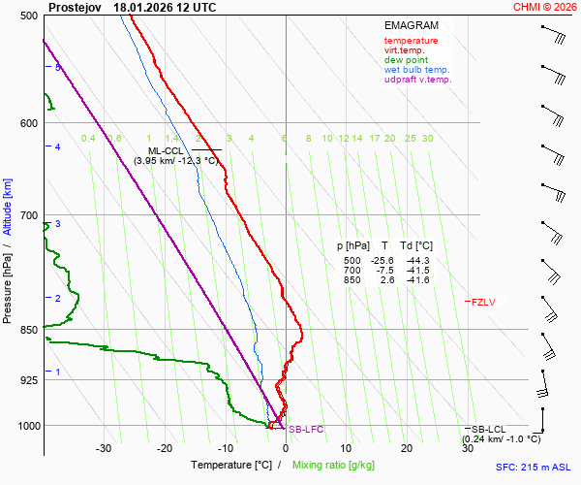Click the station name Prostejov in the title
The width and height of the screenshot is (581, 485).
[75, 7]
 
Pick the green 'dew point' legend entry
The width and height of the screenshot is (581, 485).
[407, 60]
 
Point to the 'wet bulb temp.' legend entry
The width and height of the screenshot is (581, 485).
[416, 70]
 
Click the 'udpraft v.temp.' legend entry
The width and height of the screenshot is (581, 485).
[417, 80]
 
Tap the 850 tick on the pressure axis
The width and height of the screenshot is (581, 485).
[28, 331]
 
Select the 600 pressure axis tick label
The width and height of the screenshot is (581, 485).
[28, 123]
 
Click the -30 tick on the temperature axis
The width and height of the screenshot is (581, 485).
[104, 448]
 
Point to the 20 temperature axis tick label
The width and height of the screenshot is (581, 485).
[407, 448]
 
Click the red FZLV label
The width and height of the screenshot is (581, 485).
[483, 303]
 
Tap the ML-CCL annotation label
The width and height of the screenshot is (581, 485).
[166, 150]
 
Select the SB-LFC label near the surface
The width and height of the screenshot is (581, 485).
[306, 429]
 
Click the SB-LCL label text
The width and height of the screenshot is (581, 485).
[490, 429]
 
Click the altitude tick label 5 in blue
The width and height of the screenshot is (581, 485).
[58, 67]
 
